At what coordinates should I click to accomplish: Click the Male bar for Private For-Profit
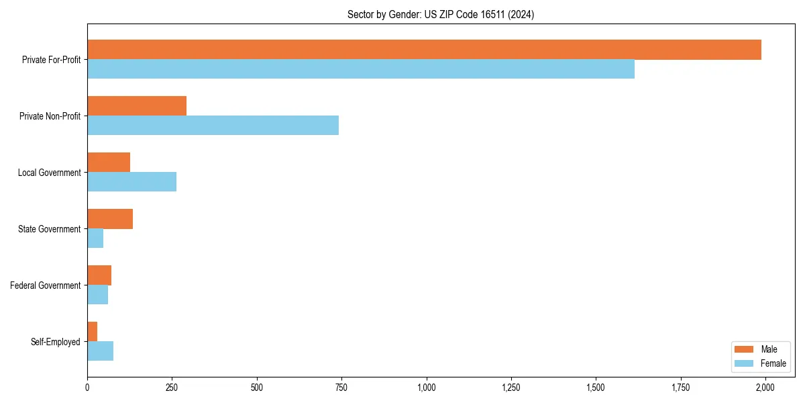tap(424, 50)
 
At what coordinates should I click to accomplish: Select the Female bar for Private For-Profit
tap(361, 69)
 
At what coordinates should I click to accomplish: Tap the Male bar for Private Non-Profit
tap(137, 106)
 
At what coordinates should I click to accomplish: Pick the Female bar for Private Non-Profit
tap(213, 126)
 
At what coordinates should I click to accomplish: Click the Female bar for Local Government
tap(131, 182)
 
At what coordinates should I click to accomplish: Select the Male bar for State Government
tap(110, 219)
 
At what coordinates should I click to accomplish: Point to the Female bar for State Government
tap(95, 238)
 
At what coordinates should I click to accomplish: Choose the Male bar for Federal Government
tap(99, 275)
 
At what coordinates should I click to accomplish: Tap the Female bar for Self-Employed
tap(100, 351)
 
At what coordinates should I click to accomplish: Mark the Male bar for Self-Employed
tap(92, 332)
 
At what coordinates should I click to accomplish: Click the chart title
tap(441, 15)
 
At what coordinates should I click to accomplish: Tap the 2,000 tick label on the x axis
tap(765, 388)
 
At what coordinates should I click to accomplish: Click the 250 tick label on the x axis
tap(172, 388)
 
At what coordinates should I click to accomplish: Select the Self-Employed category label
tap(56, 342)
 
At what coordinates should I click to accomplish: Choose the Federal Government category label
tap(46, 285)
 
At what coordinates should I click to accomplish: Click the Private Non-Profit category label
tap(50, 116)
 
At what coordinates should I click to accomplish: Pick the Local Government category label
tap(49, 173)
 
